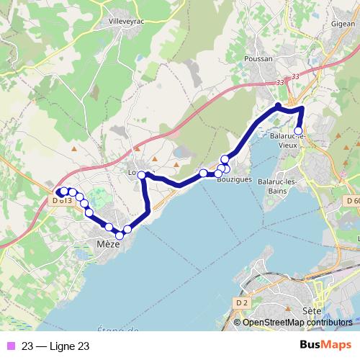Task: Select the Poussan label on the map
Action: (258, 59)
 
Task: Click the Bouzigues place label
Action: (234, 180)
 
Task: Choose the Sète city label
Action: (311, 311)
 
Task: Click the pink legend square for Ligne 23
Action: (9, 346)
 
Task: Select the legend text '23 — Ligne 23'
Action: (55, 346)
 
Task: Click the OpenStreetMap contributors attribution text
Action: (297, 323)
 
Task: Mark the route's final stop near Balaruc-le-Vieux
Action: (298, 132)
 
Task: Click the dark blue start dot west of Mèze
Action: (57, 192)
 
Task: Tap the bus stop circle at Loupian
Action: (143, 175)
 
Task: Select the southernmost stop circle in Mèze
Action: (119, 235)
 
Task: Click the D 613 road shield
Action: (62, 200)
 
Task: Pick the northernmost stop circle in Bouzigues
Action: (225, 159)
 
